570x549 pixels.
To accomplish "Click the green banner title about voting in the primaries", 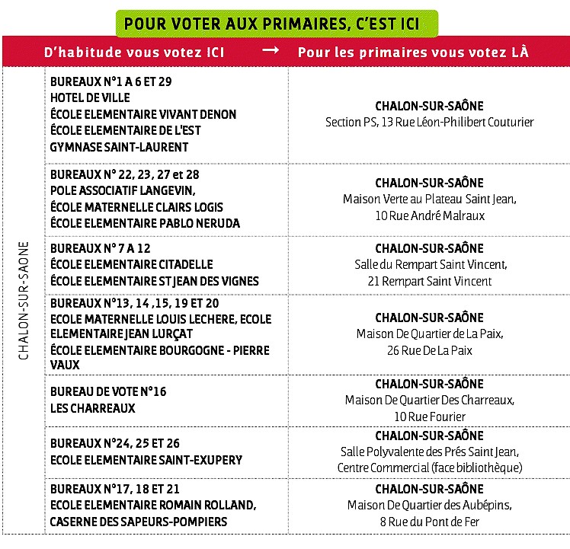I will click(271, 24).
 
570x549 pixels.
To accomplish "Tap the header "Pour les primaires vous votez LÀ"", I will click(413, 53).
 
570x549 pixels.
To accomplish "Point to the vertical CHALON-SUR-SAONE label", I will click(24, 301).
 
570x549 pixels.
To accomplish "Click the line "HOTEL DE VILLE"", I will click(90, 97).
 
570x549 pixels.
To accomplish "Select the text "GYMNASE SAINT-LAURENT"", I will click(119, 146).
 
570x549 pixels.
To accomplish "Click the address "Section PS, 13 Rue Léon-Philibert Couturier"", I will click(429, 122).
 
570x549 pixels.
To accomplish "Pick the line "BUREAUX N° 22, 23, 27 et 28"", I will click(124, 174).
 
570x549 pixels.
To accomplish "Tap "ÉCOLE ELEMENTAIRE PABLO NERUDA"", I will click(145, 223).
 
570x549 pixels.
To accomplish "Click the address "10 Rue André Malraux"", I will click(429, 215).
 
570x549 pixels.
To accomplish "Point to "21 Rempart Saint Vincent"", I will click(429, 281).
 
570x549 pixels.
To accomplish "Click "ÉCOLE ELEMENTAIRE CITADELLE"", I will click(132, 264).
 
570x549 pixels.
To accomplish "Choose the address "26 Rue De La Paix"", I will click(429, 350).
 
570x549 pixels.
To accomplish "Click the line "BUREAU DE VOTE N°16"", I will click(107, 391).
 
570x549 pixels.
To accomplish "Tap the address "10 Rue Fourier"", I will click(429, 417).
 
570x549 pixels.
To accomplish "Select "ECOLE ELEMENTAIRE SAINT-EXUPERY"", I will click(146, 460).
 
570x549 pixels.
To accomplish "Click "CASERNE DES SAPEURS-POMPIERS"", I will click(138, 522).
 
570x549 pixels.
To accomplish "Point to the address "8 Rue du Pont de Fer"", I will click(429, 522).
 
